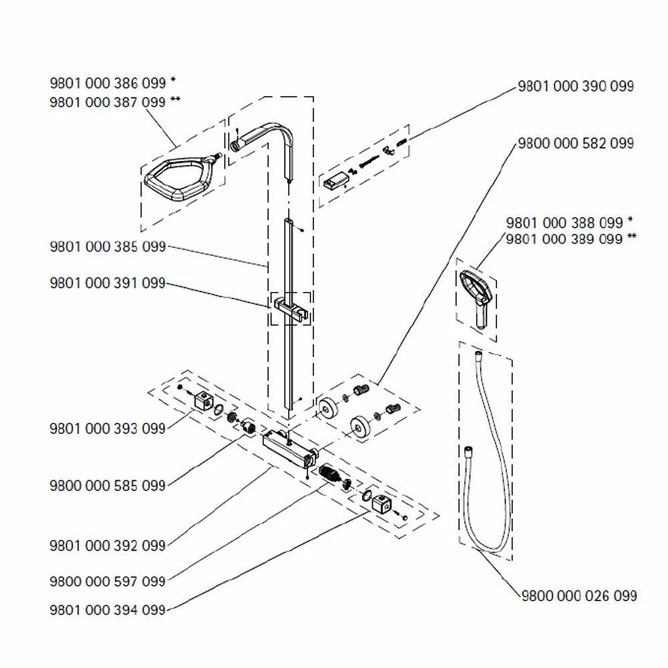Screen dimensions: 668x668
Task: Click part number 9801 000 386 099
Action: point(107,84)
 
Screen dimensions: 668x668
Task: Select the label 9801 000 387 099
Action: point(107,102)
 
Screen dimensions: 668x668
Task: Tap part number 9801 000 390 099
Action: point(575,86)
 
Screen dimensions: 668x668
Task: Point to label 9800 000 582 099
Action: point(575,144)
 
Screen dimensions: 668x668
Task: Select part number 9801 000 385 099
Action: point(107,247)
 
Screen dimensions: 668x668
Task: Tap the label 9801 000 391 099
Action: point(107,283)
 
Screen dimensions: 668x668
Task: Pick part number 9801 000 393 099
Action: point(107,429)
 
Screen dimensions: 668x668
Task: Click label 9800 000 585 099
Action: point(107,486)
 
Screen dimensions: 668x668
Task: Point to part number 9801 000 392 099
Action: point(107,546)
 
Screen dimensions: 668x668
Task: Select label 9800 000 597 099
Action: point(107,581)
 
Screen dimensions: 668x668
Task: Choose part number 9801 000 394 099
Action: point(107,610)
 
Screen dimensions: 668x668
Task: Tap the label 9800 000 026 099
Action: point(578,595)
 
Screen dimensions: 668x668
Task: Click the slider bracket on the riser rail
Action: point(291,309)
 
